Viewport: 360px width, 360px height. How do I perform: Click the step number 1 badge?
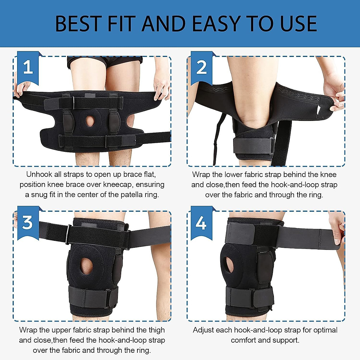[x=28, y=67]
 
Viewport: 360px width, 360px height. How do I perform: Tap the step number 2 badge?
[x=201, y=67]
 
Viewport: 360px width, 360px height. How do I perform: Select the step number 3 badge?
[x=28, y=222]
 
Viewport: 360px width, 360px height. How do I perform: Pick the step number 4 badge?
[x=201, y=223]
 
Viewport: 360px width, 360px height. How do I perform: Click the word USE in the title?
[x=298, y=24]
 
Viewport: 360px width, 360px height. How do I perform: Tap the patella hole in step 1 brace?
[x=90, y=121]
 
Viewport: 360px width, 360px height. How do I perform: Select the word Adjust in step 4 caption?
[x=203, y=330]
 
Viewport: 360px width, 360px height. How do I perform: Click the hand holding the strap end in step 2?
[x=334, y=94]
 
